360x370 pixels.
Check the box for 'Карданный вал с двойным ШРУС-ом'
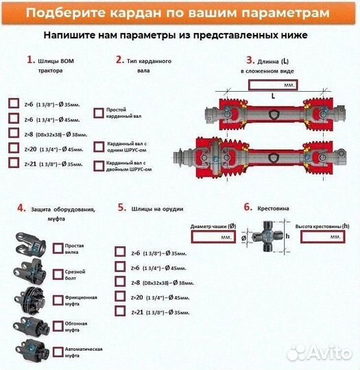pos(98,165)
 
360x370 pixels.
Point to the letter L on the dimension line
pos(272,97)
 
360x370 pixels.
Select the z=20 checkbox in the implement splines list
pos(121,297)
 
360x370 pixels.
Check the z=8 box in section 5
pos(121,282)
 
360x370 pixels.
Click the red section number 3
pos(250,60)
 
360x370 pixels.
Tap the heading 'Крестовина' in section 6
pos(273,206)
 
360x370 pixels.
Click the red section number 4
pos(21,208)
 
